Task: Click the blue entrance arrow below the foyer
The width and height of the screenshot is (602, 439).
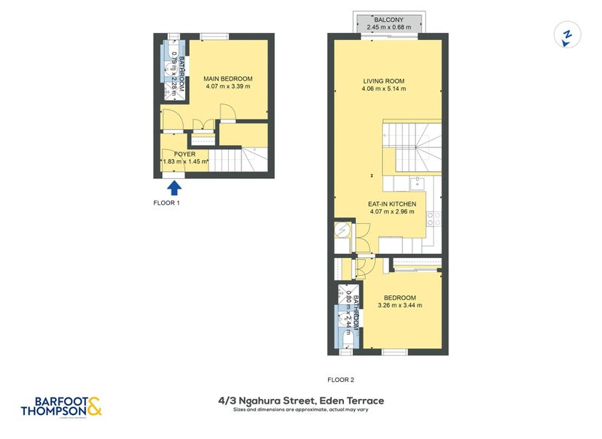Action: [x=175, y=187]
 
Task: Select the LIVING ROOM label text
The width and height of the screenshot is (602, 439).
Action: [x=384, y=81]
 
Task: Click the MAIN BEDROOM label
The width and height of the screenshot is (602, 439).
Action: [x=227, y=79]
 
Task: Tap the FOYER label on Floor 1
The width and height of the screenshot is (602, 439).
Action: [x=174, y=154]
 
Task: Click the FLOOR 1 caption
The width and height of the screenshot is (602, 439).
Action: [x=166, y=203]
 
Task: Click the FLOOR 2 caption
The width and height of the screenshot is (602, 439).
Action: [x=340, y=380]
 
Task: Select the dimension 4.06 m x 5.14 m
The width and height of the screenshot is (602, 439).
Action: [x=384, y=89]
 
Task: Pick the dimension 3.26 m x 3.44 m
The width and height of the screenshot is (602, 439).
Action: [x=399, y=305]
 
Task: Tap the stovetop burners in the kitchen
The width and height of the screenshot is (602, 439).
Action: [x=433, y=219]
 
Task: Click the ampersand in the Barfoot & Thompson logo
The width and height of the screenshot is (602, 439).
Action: [x=94, y=408]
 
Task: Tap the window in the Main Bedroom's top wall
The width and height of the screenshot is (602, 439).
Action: [x=214, y=35]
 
